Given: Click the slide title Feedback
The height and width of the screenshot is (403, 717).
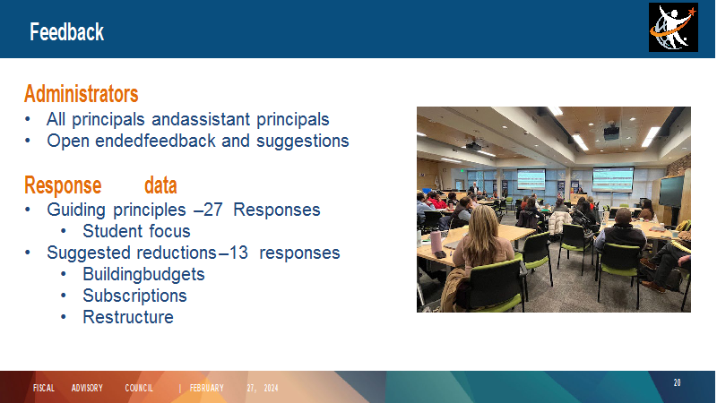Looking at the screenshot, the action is (x=66, y=32).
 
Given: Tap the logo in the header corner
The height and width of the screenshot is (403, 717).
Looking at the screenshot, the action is (x=673, y=28).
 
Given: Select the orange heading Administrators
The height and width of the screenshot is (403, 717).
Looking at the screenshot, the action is (x=82, y=94).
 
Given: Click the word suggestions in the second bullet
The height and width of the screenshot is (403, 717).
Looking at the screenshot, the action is (x=302, y=141).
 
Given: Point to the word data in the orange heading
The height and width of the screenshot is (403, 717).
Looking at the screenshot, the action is (x=160, y=185).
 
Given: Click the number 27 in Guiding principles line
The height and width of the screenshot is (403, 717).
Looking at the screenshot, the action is (x=213, y=210).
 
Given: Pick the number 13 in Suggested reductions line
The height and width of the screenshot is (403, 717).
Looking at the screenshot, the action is (x=238, y=253).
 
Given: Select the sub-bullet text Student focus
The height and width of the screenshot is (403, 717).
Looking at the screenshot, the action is (x=136, y=231).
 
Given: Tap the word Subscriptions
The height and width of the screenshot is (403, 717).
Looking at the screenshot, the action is (x=135, y=296).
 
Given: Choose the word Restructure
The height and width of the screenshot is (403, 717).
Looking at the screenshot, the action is (x=128, y=317).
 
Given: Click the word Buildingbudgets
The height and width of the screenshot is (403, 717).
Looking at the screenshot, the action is (x=143, y=274).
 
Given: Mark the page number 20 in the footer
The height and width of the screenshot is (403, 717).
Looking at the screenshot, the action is (x=677, y=382).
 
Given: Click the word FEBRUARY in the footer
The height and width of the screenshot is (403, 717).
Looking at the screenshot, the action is (x=207, y=388).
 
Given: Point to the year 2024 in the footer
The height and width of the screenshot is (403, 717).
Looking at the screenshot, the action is (x=272, y=388).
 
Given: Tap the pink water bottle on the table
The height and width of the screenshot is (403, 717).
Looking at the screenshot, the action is (x=436, y=242).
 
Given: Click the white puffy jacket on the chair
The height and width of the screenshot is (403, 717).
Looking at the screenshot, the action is (x=558, y=222).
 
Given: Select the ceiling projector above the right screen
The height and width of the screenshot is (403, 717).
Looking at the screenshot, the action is (x=611, y=133).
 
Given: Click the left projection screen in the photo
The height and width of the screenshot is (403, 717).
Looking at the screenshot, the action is (x=531, y=179).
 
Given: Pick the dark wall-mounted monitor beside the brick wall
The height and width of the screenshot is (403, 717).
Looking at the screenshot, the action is (x=671, y=192).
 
